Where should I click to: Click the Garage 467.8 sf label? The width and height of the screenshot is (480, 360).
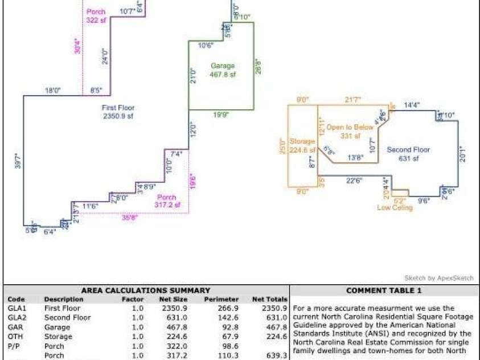tap(223, 70)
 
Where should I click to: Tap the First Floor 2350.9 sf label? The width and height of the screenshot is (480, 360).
tap(118, 112)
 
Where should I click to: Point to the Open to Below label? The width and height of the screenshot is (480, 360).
tap(350, 132)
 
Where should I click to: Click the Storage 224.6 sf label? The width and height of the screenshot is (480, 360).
tap(302, 146)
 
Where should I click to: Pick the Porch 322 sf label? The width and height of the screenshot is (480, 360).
tap(96, 15)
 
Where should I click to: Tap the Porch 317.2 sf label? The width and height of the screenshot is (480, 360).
tap(167, 201)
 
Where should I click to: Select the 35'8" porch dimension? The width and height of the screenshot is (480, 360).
tap(130, 217)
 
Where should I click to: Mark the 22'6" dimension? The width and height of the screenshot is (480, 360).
tap(354, 181)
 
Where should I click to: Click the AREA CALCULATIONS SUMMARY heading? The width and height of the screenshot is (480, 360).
tap(146, 290)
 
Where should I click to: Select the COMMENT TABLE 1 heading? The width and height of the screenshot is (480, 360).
tap(384, 290)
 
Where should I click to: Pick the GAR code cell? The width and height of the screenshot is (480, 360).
tap(15, 327)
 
